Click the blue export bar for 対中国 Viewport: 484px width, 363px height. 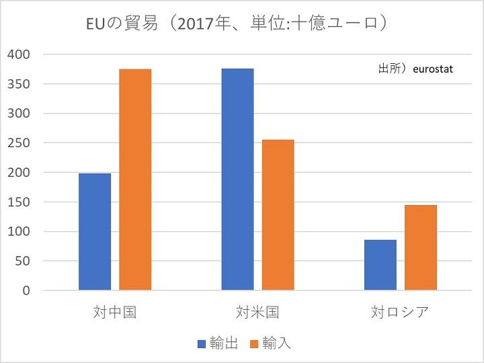(95, 232)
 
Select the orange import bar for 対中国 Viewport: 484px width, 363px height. (135, 179)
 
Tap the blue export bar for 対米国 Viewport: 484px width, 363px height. (237, 179)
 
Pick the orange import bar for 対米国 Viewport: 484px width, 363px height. (278, 215)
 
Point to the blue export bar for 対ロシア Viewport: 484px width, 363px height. (380, 265)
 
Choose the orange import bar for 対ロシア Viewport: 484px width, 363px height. (421, 247)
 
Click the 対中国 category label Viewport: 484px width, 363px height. (115, 313)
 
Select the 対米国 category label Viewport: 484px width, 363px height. (257, 313)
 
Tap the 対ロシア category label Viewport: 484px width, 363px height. (400, 313)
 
